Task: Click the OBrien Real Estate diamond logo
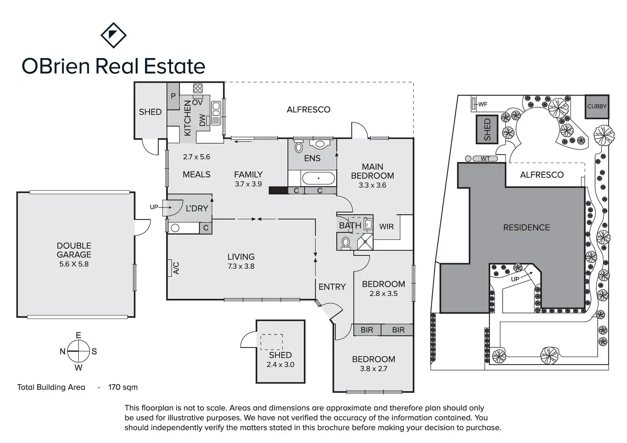click(113, 35)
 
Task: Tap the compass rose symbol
click(78, 351)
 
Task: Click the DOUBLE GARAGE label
click(74, 250)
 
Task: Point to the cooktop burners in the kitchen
click(198, 89)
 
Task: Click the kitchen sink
click(216, 109)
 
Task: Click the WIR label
click(386, 227)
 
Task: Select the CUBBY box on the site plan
click(597, 106)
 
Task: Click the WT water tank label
click(485, 158)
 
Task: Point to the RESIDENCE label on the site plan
click(526, 227)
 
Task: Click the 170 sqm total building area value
click(123, 387)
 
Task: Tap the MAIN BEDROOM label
click(372, 171)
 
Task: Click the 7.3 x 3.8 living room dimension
click(241, 266)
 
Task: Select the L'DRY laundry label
click(197, 208)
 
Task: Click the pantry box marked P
click(173, 96)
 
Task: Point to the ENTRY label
click(332, 287)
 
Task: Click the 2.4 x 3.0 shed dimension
click(280, 365)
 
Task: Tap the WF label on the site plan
click(483, 104)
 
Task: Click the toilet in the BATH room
click(346, 242)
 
